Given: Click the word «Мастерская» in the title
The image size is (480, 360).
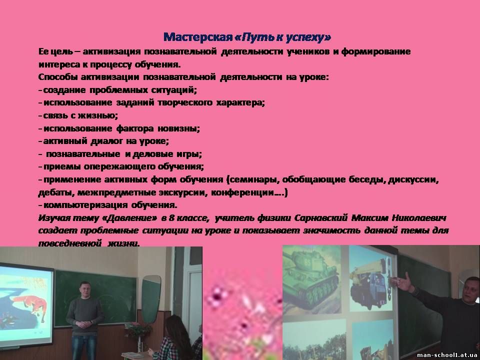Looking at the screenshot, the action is (x=198, y=37).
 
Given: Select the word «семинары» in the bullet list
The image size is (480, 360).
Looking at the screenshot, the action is (x=254, y=179).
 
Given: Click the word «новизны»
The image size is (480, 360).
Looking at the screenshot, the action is (x=179, y=128).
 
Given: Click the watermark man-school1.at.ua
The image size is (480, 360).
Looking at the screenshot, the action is (x=446, y=355).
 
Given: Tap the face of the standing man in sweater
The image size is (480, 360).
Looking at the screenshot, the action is (x=84, y=289).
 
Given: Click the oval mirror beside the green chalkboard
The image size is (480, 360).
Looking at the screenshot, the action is (x=151, y=298).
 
